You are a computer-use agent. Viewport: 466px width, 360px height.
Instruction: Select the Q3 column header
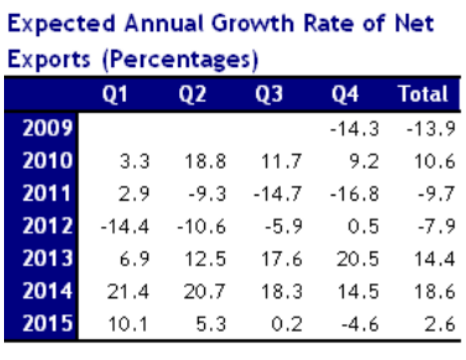269,94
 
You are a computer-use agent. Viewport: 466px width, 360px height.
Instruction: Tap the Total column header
423,94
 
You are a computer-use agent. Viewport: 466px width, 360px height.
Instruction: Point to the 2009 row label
46,128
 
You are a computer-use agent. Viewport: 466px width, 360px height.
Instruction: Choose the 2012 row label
46,226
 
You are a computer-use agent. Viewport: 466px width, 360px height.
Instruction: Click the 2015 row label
46,324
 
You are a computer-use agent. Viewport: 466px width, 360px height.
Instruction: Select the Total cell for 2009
430,129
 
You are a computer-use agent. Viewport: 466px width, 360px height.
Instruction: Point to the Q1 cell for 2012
125,227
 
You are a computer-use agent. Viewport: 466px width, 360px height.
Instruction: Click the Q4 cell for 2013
357,259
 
